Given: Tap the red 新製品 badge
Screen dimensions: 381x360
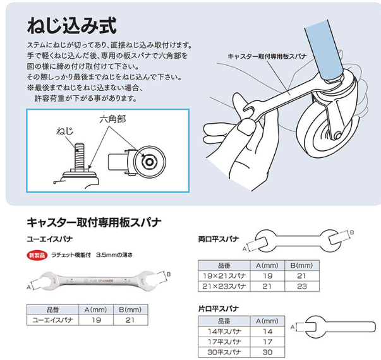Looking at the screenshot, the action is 37,255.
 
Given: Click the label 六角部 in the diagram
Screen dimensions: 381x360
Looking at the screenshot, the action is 112,119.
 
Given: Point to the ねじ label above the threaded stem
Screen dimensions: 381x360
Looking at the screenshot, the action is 65,131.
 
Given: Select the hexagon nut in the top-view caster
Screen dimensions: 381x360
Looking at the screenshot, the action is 149,162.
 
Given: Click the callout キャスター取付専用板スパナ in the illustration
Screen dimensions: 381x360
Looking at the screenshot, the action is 267,56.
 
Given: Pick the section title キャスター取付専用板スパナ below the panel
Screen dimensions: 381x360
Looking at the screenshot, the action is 94,222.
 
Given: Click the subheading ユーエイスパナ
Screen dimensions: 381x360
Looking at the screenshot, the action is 49,239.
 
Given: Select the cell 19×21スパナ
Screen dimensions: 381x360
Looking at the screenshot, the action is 224,276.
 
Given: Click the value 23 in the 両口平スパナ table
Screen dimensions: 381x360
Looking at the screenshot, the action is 302,286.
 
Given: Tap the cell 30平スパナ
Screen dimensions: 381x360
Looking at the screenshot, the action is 224,352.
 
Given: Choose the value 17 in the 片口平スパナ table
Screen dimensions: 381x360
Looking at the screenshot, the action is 267,342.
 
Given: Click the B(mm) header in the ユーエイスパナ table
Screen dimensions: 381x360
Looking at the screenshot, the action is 130,309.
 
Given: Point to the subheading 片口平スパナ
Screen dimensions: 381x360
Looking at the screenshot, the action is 219,309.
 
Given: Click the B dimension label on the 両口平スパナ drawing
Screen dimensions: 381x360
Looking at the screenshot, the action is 351,232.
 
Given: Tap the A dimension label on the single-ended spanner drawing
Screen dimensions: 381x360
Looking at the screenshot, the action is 293,327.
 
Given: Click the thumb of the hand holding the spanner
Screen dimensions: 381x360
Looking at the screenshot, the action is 246,126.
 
